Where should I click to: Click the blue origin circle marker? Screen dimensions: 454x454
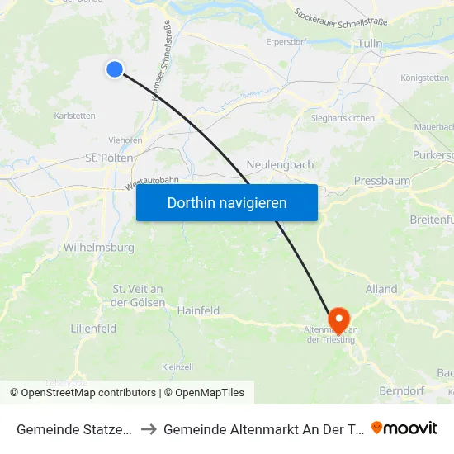(115, 70)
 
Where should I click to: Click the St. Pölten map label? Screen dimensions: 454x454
(111, 157)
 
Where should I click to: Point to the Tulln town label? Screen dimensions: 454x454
(369, 43)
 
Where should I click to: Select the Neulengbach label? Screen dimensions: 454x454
(280, 164)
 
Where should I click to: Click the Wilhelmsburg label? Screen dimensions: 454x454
(98, 246)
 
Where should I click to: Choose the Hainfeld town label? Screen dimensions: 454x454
(198, 310)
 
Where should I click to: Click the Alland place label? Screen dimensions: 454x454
(381, 289)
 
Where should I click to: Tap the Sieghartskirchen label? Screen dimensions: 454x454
(342, 118)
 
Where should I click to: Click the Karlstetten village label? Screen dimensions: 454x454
(73, 116)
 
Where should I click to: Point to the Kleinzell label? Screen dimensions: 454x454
(177, 367)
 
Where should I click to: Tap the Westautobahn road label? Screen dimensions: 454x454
(152, 184)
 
